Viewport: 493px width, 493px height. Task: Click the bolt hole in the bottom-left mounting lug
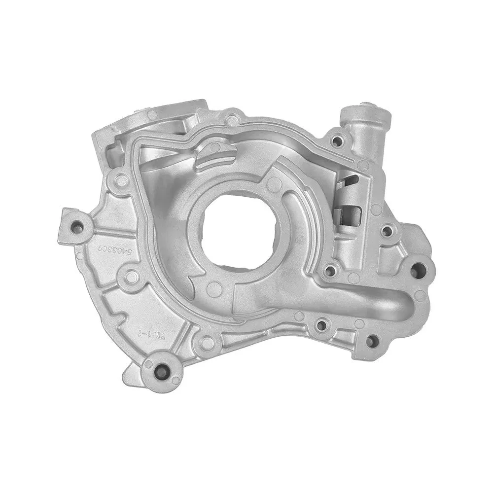pyautogui.click(x=160, y=371)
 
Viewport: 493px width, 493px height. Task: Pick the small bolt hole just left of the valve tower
pyautogui.click(x=337, y=142)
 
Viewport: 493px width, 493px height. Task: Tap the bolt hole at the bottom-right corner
pyautogui.click(x=373, y=340)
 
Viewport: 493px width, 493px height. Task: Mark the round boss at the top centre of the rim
pyautogui.click(x=231, y=119)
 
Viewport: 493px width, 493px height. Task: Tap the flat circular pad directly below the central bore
pyautogui.click(x=214, y=289)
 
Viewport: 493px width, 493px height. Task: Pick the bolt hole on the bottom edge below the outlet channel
pyautogui.click(x=321, y=325)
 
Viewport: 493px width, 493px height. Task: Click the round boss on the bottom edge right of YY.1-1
pyautogui.click(x=208, y=342)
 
